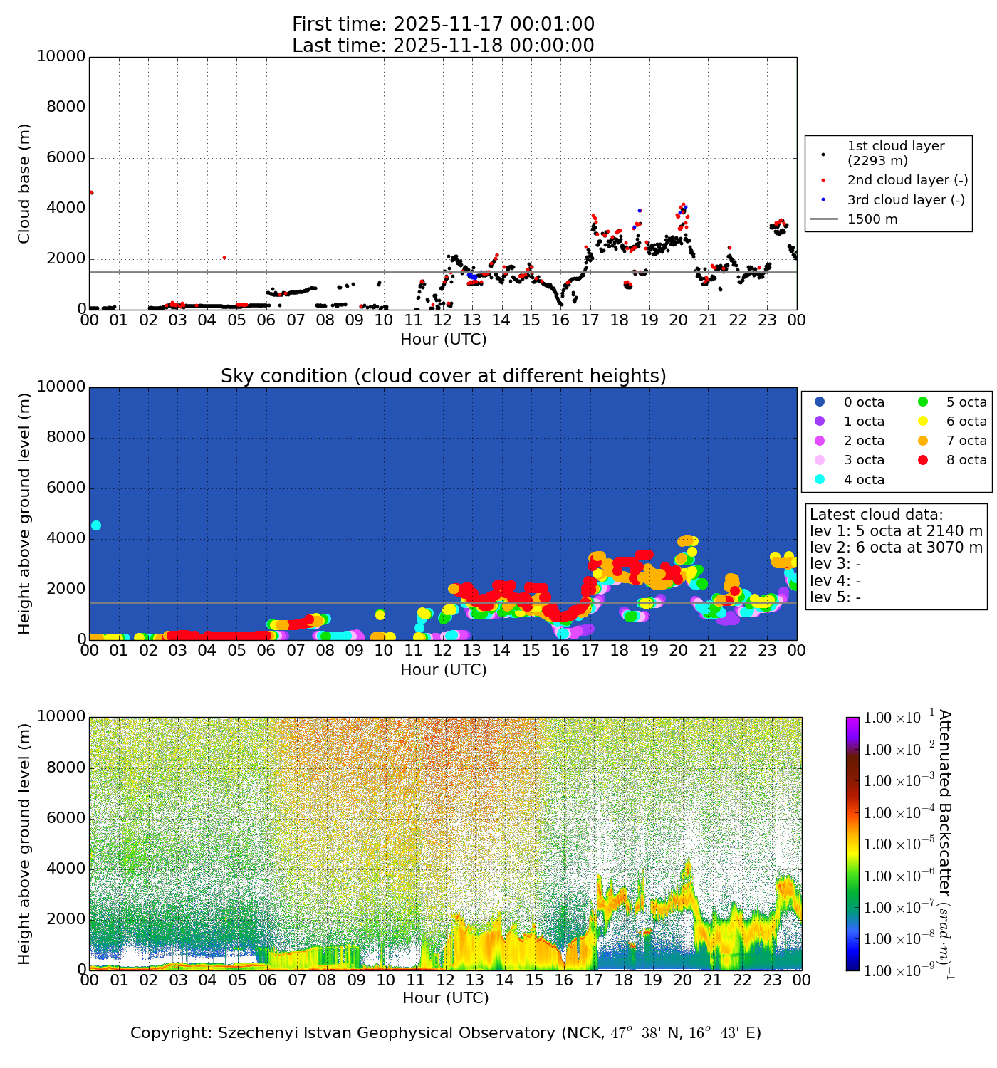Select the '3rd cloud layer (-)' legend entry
click(905, 200)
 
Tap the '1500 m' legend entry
click(872, 219)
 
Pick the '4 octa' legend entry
click(864, 480)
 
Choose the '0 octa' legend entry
click(864, 402)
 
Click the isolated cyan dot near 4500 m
click(96, 525)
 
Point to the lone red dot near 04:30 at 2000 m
click(224, 258)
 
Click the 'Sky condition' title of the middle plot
click(443, 376)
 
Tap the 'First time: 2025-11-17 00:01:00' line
click(443, 25)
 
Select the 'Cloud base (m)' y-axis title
click(25, 184)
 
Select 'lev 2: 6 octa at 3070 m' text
click(896, 548)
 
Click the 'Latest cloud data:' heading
click(876, 515)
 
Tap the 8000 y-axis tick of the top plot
click(66, 108)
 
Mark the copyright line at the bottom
click(446, 1033)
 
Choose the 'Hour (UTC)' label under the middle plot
click(443, 670)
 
